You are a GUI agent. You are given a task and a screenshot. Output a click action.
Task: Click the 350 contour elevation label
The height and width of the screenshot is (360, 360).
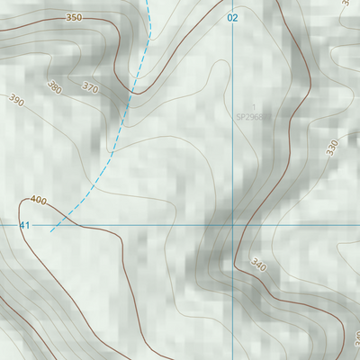(x=74, y=18)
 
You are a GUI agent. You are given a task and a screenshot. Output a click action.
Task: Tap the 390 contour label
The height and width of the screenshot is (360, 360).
(x=16, y=100)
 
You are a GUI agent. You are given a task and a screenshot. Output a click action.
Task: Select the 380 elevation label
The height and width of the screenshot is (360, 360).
(x=55, y=88)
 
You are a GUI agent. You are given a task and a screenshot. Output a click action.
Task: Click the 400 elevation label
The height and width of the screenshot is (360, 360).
(x=37, y=200)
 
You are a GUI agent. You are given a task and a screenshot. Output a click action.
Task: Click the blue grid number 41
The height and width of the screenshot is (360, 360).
(x=24, y=225)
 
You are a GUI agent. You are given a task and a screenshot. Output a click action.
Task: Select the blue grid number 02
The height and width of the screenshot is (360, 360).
(x=233, y=18)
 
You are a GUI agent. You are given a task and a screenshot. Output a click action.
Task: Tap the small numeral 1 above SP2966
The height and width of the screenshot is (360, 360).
(x=253, y=107)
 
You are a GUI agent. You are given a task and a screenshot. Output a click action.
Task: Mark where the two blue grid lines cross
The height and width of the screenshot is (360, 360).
(x=233, y=225)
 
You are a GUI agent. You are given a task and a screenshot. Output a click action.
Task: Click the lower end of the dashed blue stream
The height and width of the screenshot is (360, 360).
(x=51, y=231)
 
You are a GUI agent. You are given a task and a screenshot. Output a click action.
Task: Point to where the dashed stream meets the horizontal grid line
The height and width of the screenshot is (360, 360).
(x=61, y=225)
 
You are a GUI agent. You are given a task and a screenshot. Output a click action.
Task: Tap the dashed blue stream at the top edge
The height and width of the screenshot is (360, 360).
(x=149, y=2)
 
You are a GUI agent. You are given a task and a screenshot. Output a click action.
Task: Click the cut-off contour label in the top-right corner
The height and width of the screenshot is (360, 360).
(x=346, y=4)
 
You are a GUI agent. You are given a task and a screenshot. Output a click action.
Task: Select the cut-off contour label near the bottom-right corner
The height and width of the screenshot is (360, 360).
(x=355, y=337)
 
